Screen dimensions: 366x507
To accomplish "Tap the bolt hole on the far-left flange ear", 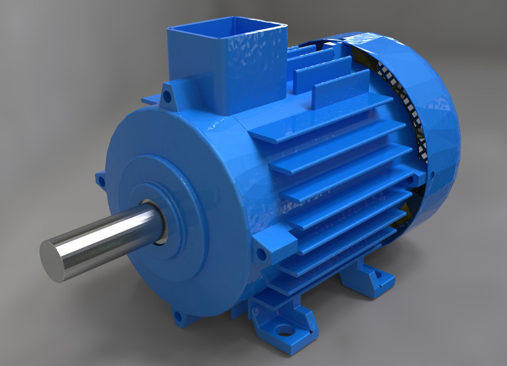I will tap(101, 182).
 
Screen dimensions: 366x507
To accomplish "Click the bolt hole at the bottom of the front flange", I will tap(178, 316).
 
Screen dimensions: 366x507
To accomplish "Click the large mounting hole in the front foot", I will tap(284, 331).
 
